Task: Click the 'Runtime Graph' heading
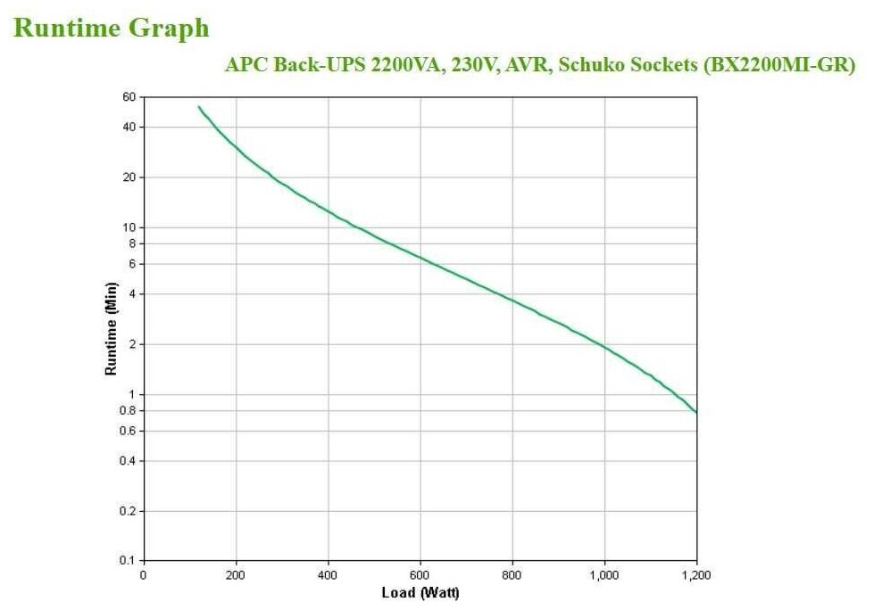pyautogui.click(x=112, y=28)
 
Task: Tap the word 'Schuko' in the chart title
pyautogui.click(x=594, y=64)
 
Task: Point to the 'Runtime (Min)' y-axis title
pyautogui.click(x=112, y=329)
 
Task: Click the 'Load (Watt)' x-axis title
pyautogui.click(x=420, y=592)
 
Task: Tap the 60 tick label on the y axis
pyautogui.click(x=128, y=96)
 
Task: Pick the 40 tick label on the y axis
pyautogui.click(x=128, y=127)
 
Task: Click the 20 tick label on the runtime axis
pyautogui.click(x=128, y=177)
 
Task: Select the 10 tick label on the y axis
pyautogui.click(x=128, y=227)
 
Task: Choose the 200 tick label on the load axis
pyautogui.click(x=236, y=575)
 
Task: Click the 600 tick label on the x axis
pyautogui.click(x=420, y=575)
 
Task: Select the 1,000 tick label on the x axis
pyautogui.click(x=604, y=575)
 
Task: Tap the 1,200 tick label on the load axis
pyautogui.click(x=696, y=575)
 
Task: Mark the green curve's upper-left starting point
pyautogui.click(x=199, y=107)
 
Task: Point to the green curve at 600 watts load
pyautogui.click(x=420, y=258)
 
